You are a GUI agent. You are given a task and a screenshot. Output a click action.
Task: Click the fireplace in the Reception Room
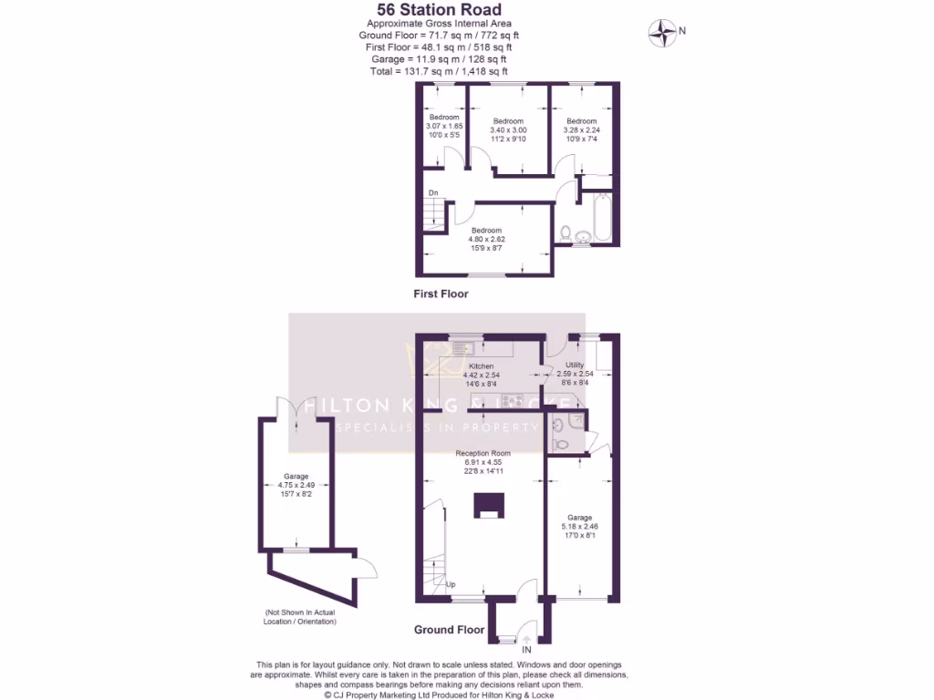tap(487, 506)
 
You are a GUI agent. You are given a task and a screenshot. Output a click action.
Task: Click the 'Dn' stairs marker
tap(433, 192)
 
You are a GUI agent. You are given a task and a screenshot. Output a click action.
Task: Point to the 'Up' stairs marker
tap(451, 584)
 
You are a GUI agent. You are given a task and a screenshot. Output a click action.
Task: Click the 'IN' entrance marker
tap(526, 650)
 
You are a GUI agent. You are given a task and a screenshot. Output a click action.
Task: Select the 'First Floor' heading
tap(441, 294)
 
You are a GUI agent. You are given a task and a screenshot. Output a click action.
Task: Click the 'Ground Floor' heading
tap(449, 630)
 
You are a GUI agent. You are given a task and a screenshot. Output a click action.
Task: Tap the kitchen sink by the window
tap(462, 347)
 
